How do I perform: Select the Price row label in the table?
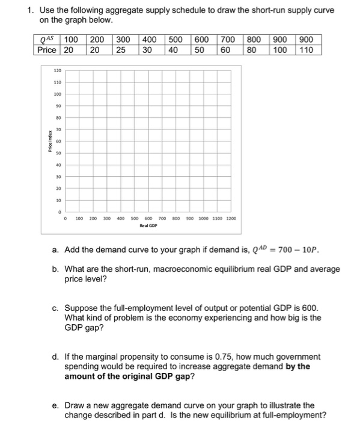pyautogui.click(x=46, y=49)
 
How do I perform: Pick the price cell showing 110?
pyautogui.click(x=306, y=49)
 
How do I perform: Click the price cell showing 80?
pyautogui.click(x=254, y=49)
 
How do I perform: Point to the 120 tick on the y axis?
pyautogui.click(x=58, y=70)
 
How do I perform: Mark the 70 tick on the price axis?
pyautogui.click(x=58, y=129)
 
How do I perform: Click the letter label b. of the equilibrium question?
pyautogui.click(x=55, y=269)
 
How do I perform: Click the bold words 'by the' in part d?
pyautogui.click(x=299, y=366)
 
